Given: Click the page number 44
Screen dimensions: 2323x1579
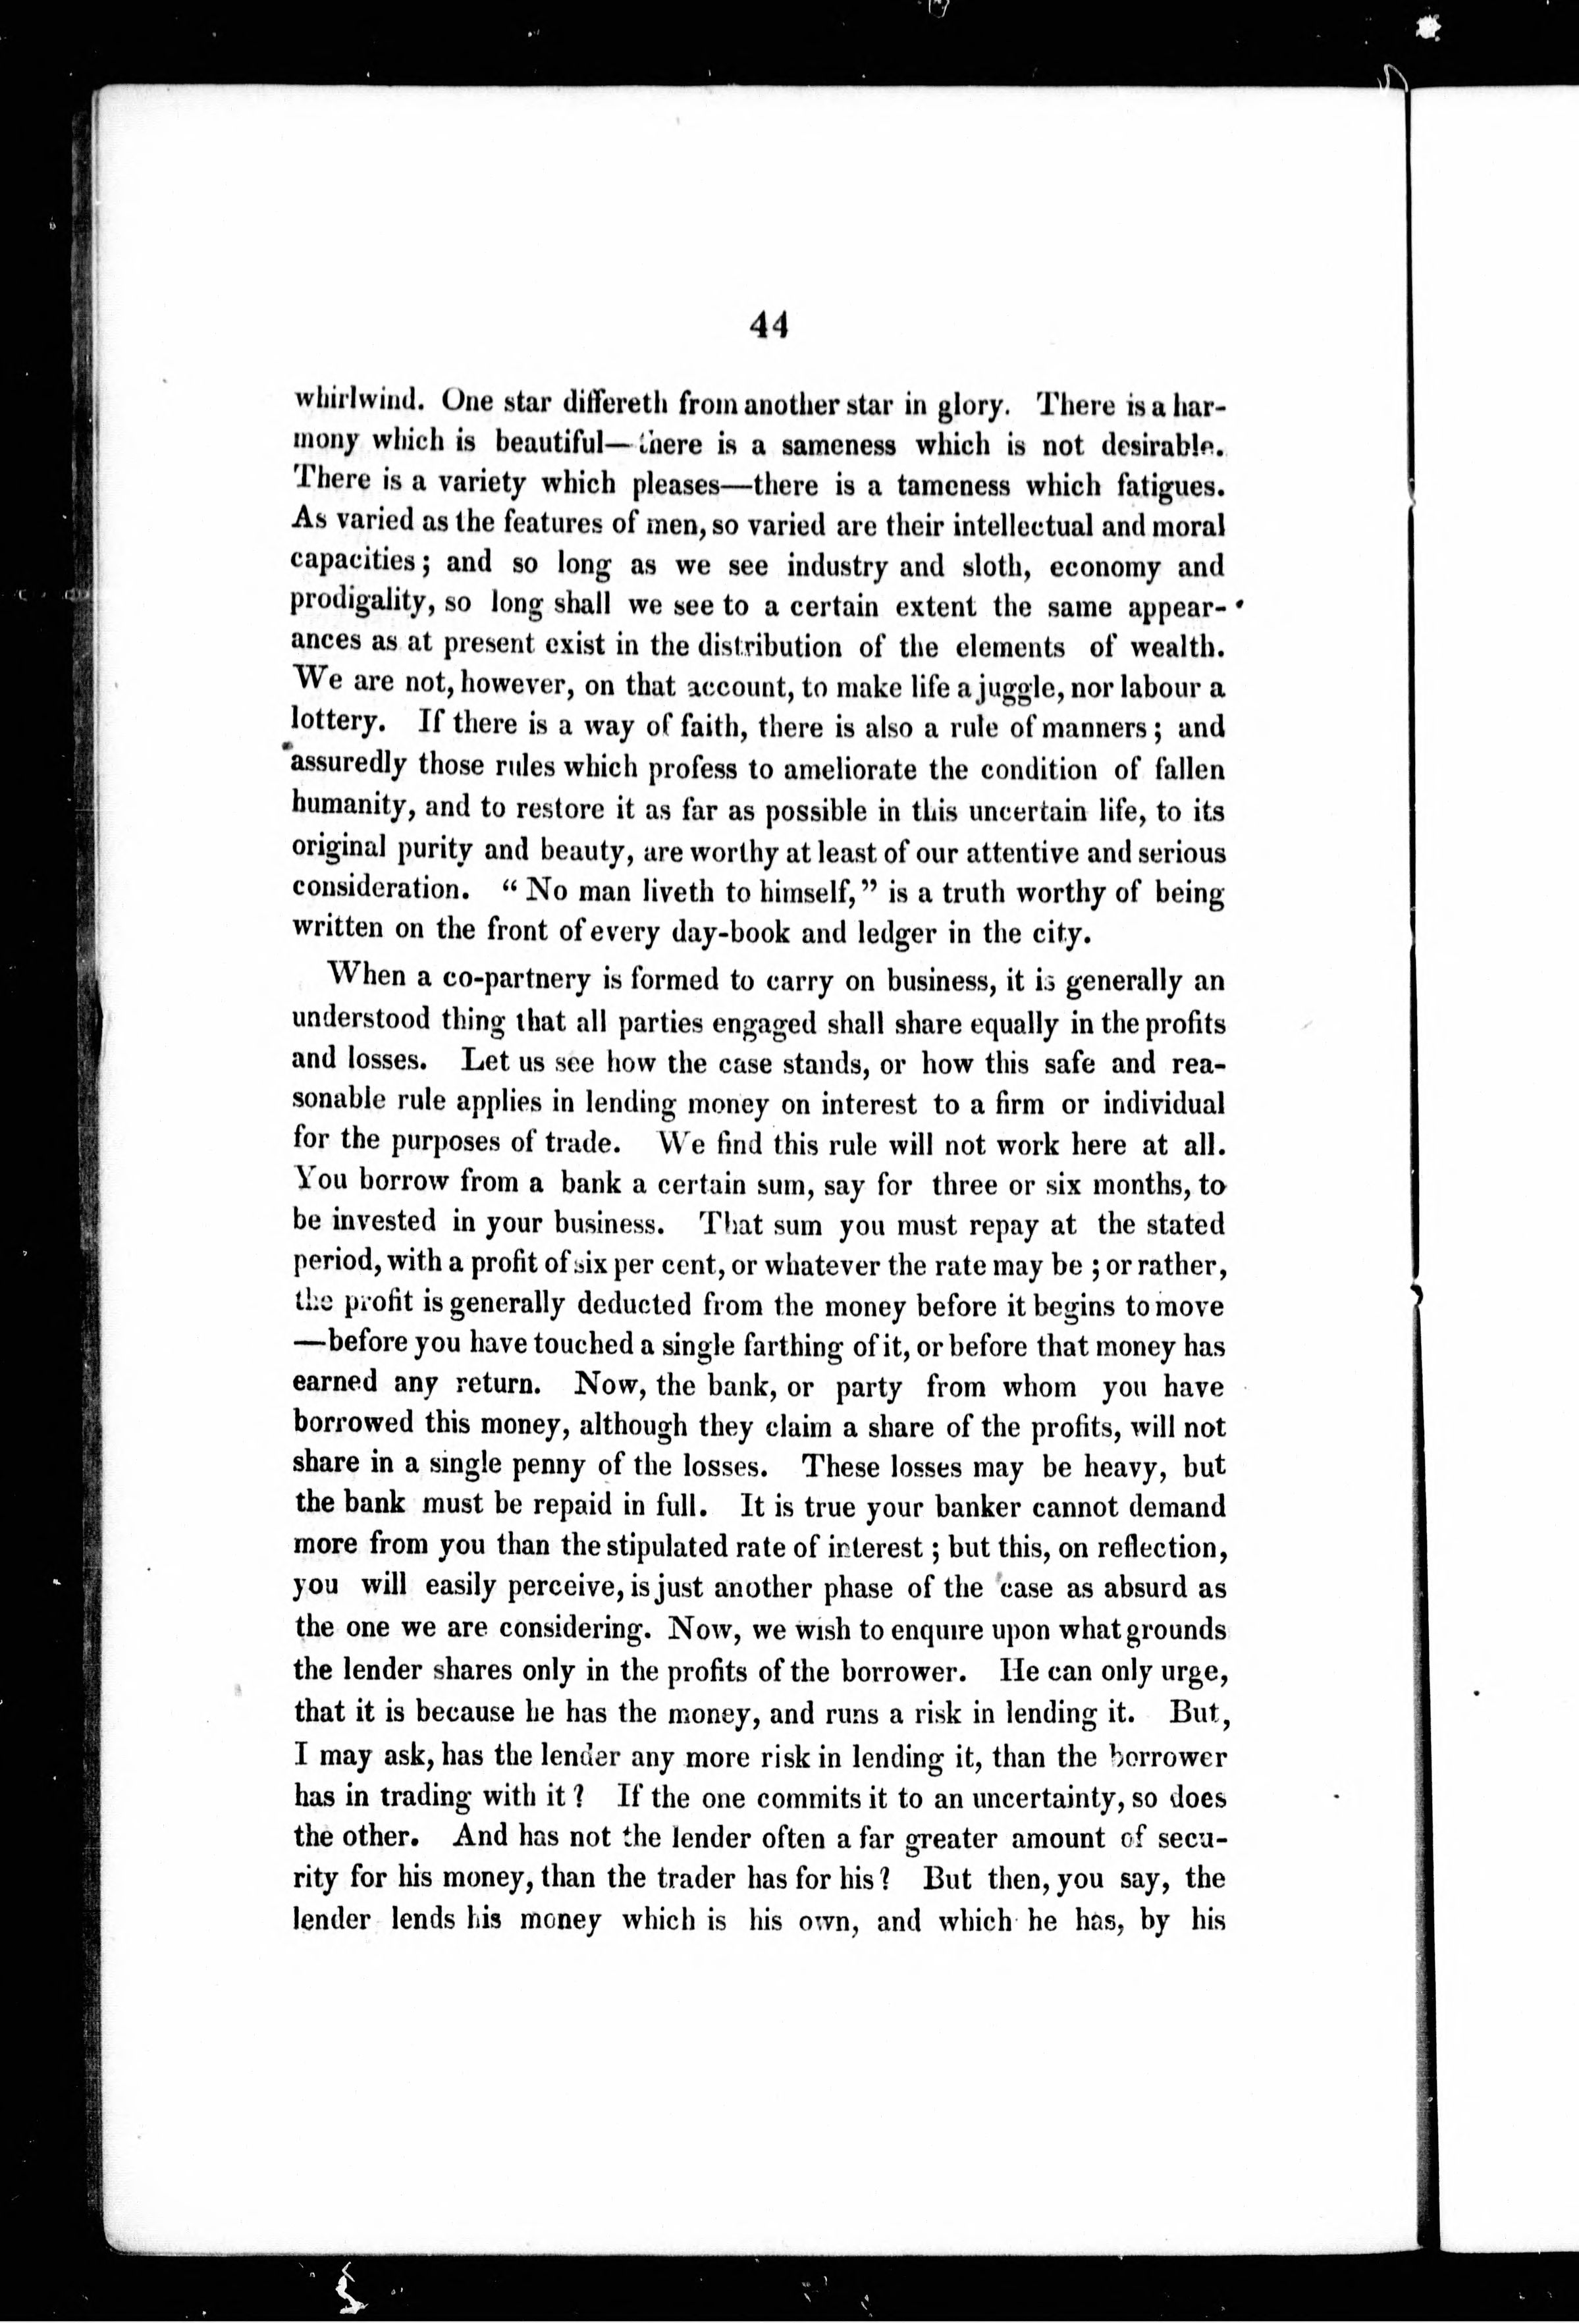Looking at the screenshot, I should [x=768, y=326].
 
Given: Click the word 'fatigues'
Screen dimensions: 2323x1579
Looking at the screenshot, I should [x=1164, y=487].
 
